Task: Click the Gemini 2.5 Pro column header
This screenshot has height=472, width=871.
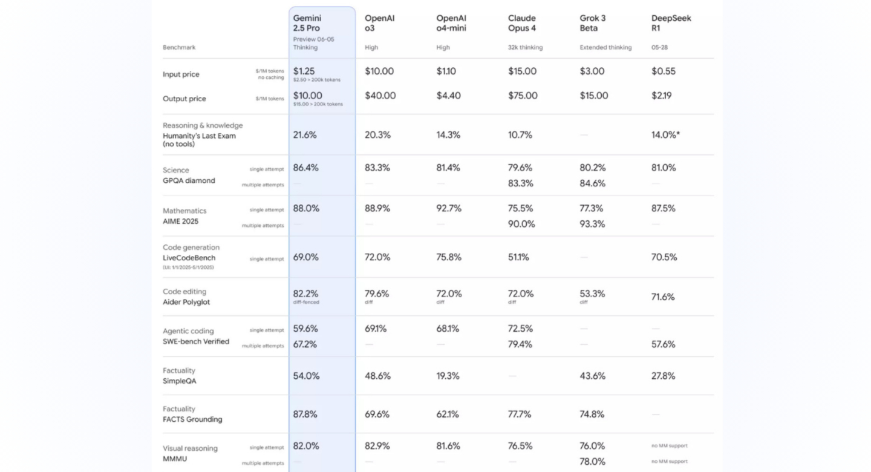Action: click(307, 23)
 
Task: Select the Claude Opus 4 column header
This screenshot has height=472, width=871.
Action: click(522, 23)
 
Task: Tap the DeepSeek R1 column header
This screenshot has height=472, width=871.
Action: click(671, 23)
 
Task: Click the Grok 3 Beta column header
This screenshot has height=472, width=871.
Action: click(593, 23)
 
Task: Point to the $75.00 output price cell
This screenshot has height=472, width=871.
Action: click(523, 96)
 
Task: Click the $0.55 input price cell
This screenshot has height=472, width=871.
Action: click(664, 71)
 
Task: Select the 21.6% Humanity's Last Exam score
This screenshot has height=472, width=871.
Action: click(305, 134)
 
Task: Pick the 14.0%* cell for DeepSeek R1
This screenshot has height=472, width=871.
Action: click(666, 134)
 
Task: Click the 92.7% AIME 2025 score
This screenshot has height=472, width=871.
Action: click(449, 208)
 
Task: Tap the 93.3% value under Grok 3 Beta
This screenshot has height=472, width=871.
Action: click(592, 224)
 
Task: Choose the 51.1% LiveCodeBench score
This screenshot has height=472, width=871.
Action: click(518, 257)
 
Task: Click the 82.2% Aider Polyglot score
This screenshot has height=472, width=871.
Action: click(305, 293)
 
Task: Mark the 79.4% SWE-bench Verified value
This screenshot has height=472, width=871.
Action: click(520, 344)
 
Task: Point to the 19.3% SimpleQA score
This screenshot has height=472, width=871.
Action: click(448, 376)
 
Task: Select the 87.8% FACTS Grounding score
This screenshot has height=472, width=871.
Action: click(305, 414)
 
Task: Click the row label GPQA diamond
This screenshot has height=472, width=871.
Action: click(189, 180)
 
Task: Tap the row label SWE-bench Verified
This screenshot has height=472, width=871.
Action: click(196, 341)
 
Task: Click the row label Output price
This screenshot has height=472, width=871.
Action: click(184, 99)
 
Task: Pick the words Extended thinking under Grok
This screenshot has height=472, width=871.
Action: click(605, 47)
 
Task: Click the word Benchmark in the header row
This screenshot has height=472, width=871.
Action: click(179, 47)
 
